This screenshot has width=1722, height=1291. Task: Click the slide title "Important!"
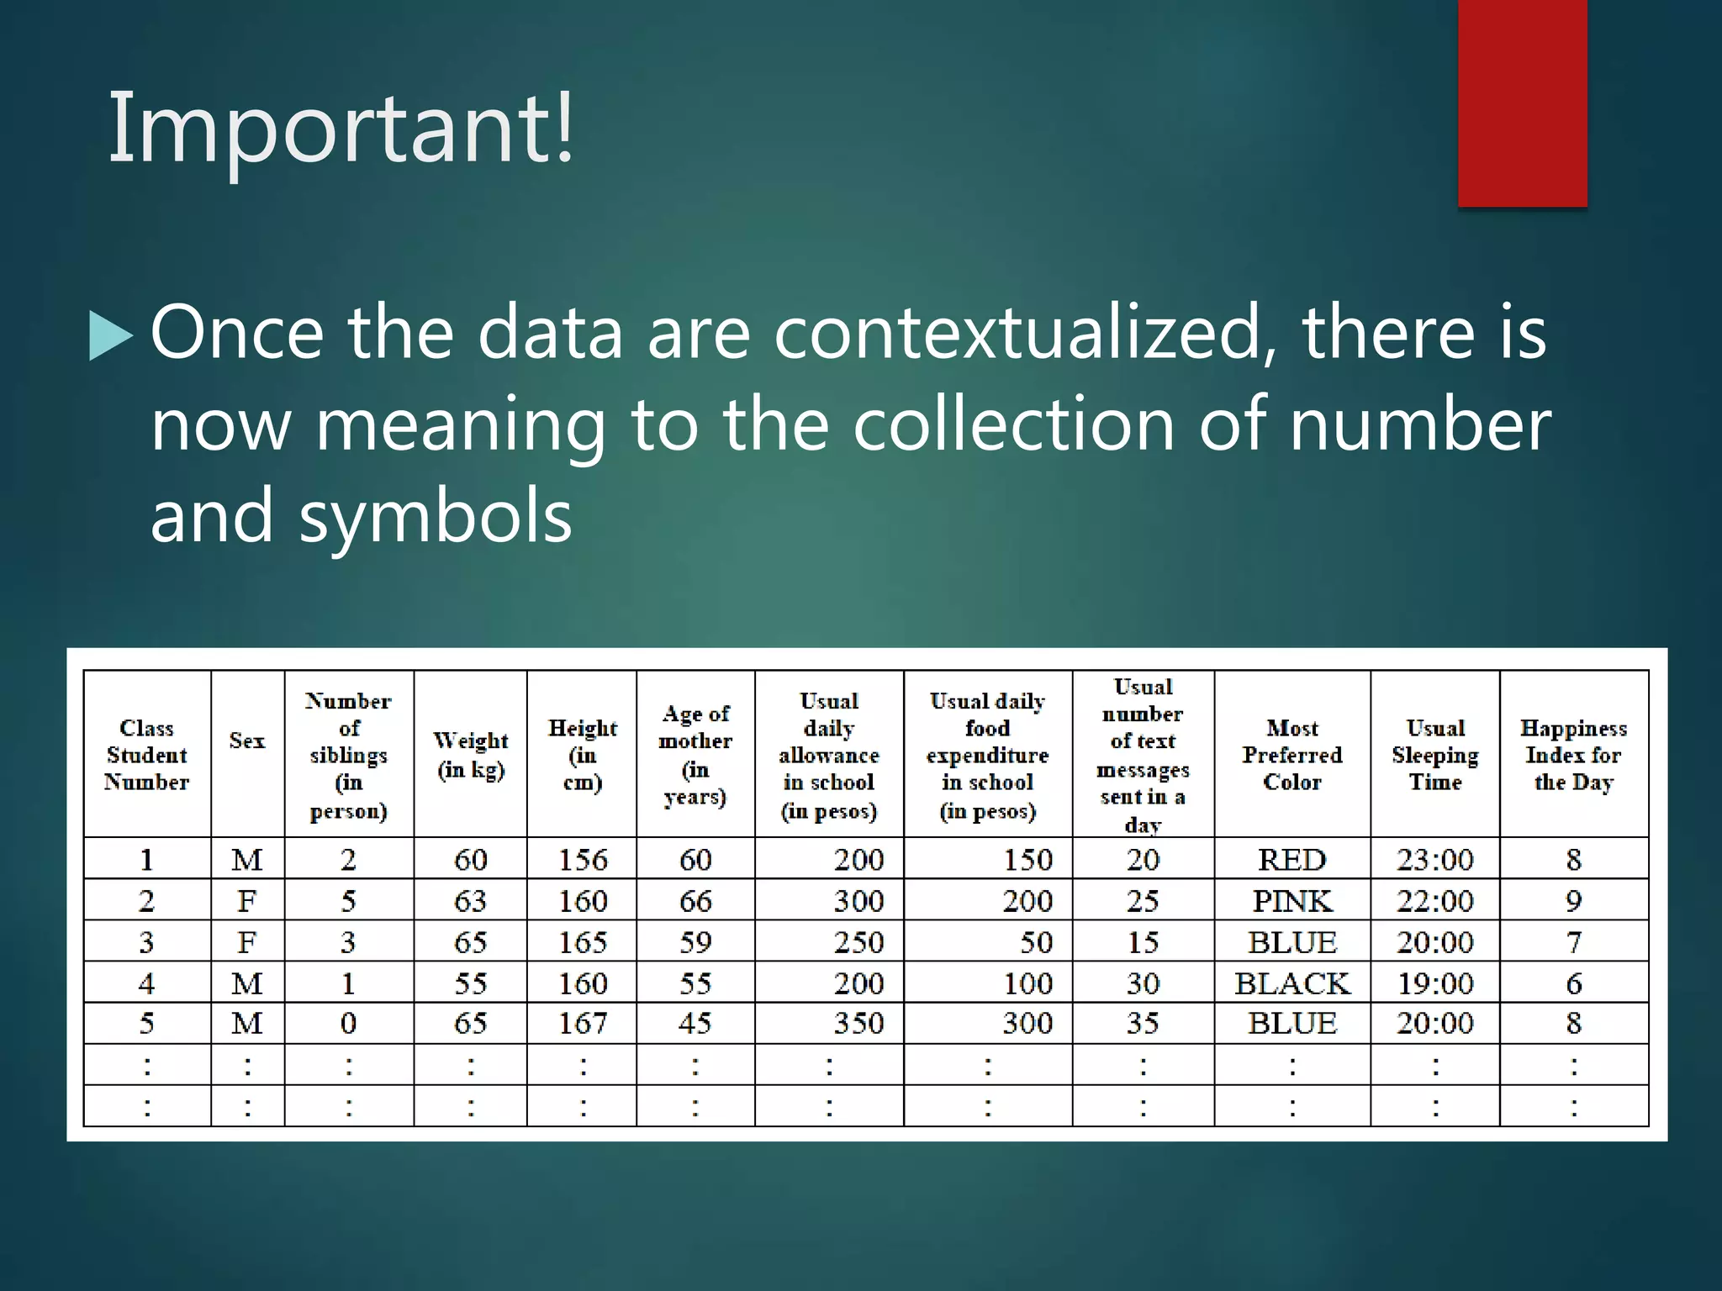point(341,128)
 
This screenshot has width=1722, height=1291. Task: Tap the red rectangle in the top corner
point(1522,103)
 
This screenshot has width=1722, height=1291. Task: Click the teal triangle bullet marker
point(110,335)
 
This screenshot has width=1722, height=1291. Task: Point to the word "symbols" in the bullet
point(436,516)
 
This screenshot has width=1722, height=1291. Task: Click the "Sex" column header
point(247,740)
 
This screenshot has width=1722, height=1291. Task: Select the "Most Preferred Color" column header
point(1291,755)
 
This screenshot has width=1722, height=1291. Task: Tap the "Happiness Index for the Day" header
point(1573,755)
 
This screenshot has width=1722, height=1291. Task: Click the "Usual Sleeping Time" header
point(1434,755)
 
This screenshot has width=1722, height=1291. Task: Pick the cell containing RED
point(1291,860)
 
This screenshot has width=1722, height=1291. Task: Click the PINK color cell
point(1291,901)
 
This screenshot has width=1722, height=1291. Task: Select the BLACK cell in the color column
point(1291,983)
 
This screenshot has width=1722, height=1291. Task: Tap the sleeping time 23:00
point(1434,860)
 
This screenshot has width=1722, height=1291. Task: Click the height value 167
point(582,1024)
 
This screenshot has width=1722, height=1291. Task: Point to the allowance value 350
point(858,1024)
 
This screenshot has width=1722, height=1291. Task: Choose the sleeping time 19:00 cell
point(1434,983)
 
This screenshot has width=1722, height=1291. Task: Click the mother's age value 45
point(695,1024)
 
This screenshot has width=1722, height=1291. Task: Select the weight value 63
point(470,901)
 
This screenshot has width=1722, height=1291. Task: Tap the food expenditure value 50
point(1036,942)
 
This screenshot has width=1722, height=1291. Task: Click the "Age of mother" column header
point(695,755)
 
